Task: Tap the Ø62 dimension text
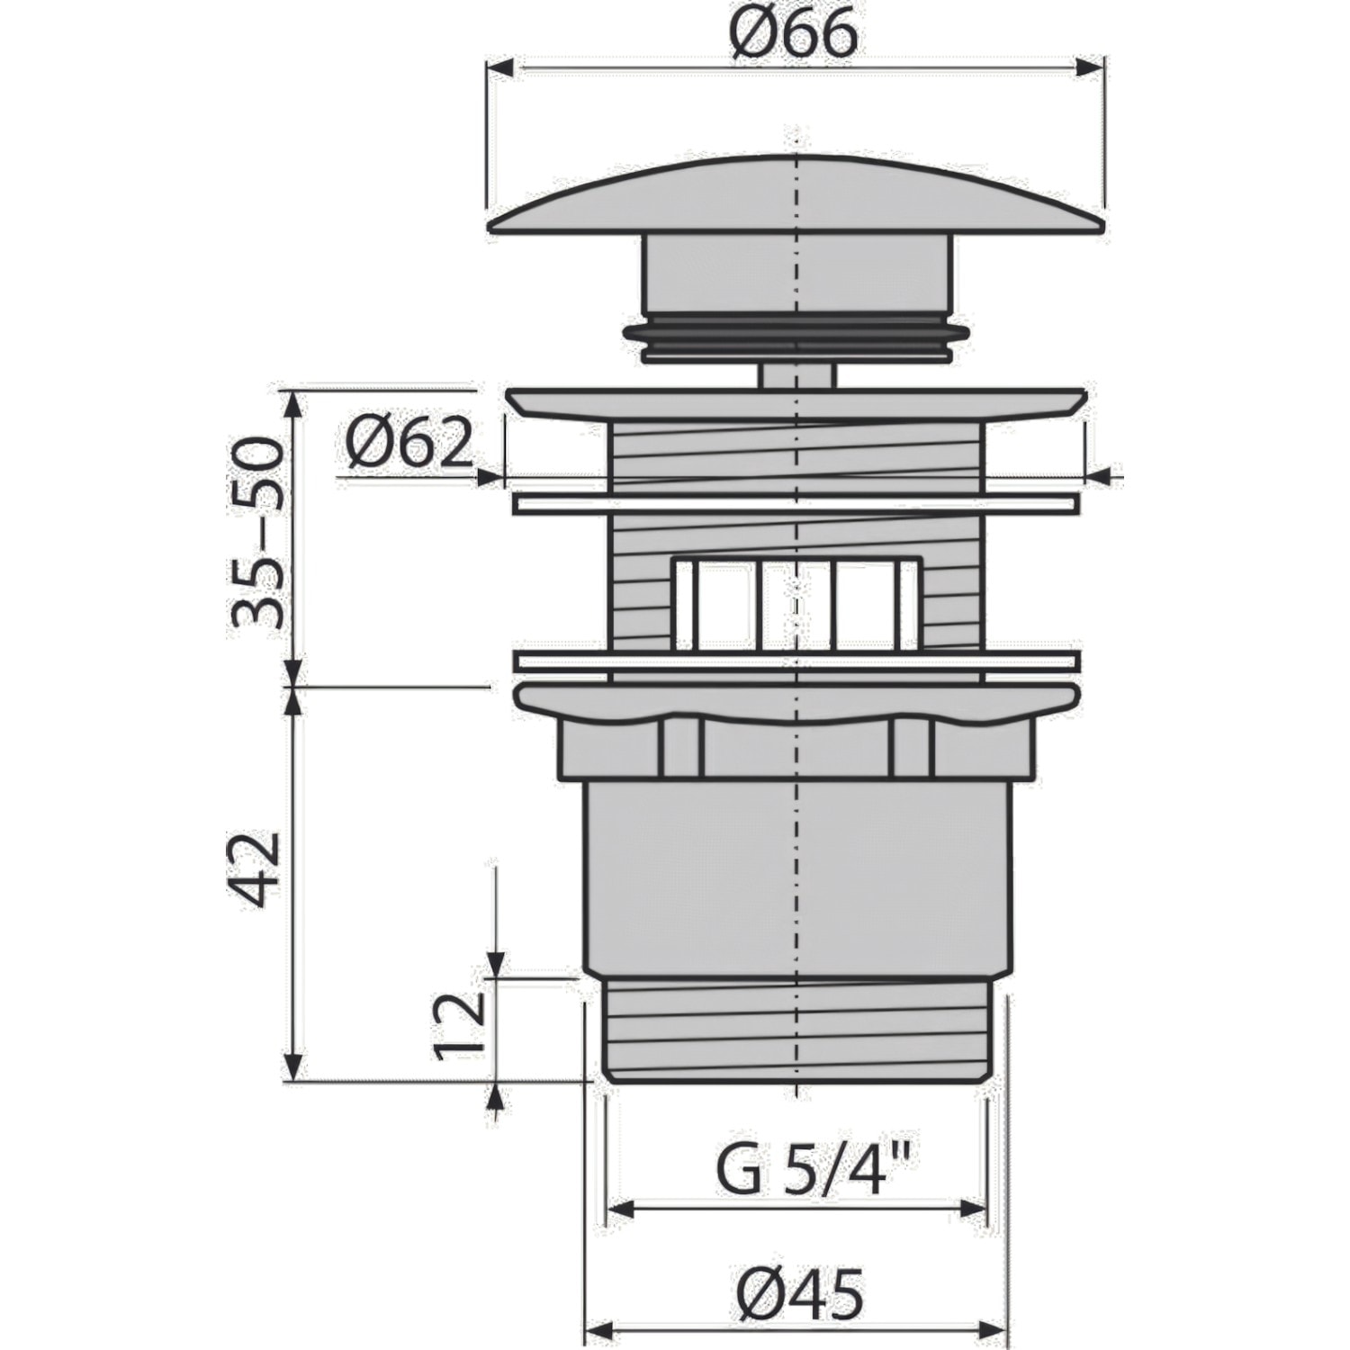tap(409, 444)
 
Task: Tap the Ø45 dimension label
tap(799, 1295)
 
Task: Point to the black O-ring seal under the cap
tap(796, 333)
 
